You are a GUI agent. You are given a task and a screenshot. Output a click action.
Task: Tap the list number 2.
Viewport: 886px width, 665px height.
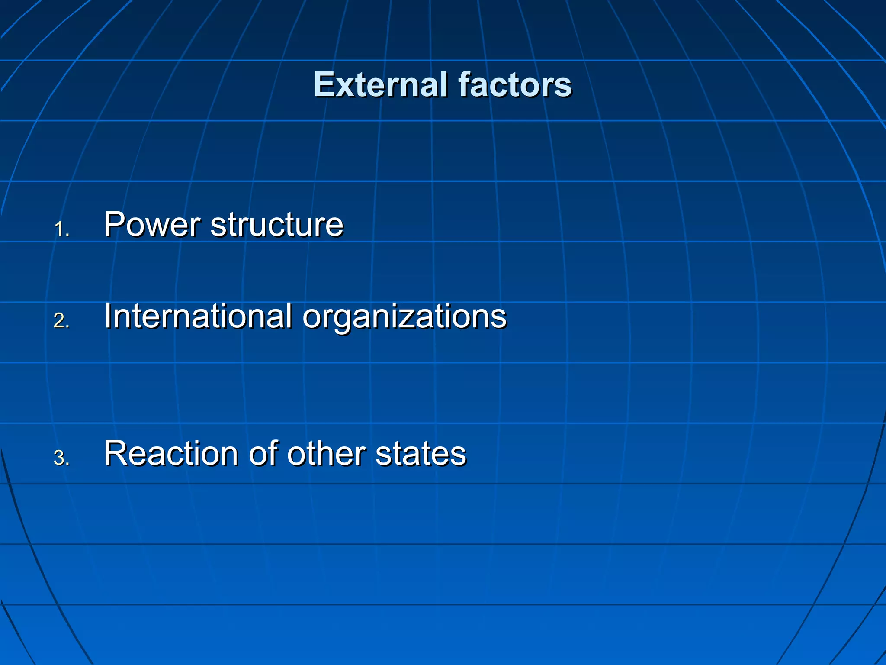click(61, 321)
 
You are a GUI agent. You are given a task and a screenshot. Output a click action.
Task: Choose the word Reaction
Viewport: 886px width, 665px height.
click(171, 454)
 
